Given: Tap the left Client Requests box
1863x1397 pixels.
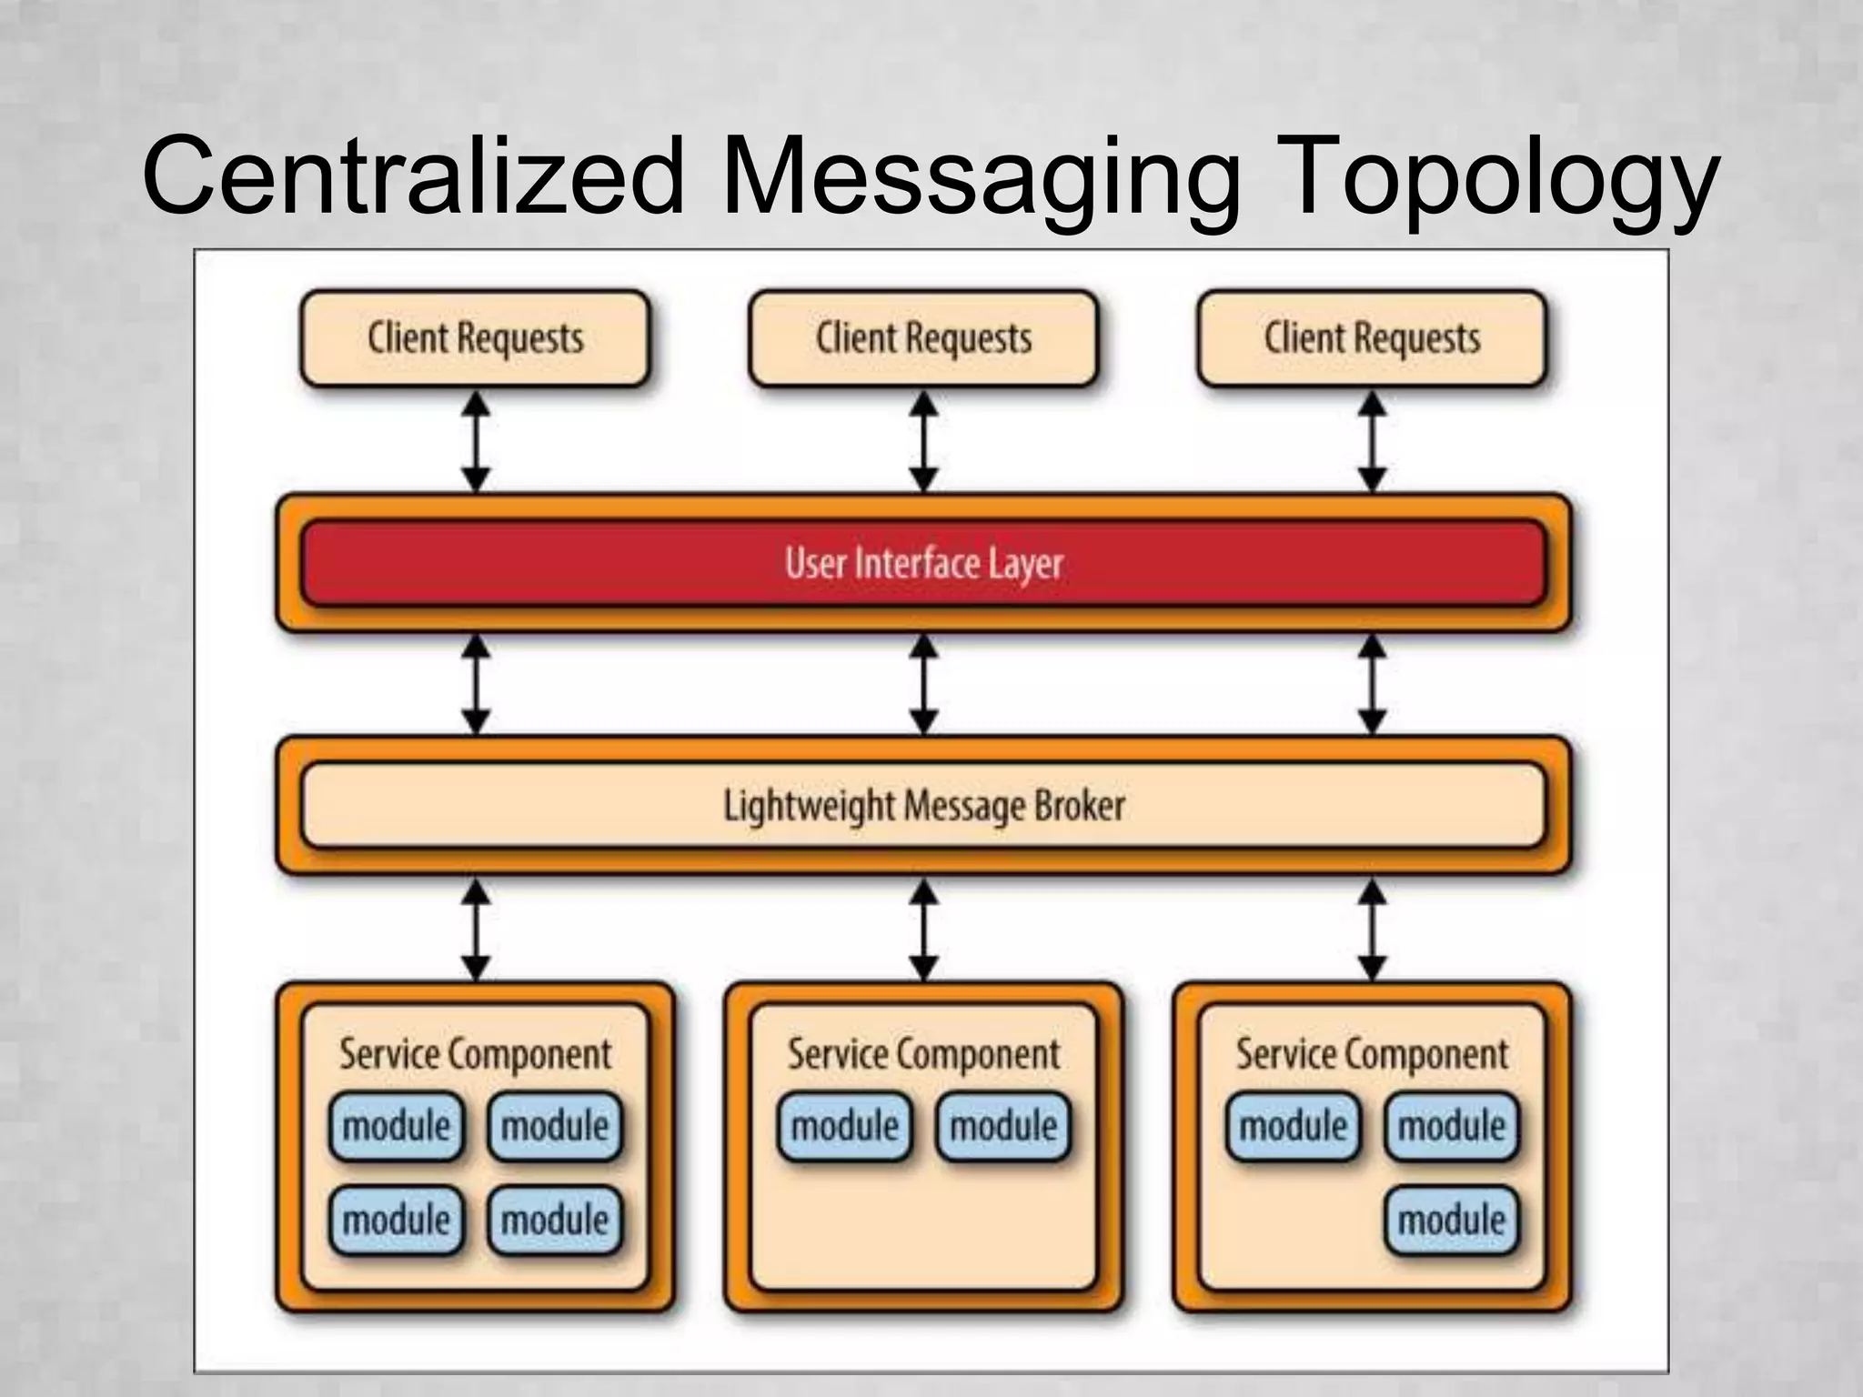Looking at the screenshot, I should pos(474,338).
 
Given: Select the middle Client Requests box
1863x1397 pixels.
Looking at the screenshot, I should pos(923,338).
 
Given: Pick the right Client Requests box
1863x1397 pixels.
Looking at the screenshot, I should pos(1372,338).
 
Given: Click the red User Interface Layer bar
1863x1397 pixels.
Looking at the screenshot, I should pos(923,563).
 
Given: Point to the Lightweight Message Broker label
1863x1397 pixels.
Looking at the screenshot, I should pos(923,806).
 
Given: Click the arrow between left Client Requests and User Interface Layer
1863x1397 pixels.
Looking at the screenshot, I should pos(476,442).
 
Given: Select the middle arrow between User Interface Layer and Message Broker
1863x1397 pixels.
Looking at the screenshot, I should pos(923,684).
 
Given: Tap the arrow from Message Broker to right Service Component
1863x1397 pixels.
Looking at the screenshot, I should pos(1372,929).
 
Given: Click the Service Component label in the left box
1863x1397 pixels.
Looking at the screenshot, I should pos(475,1054).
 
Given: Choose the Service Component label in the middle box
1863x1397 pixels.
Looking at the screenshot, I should pos(923,1054).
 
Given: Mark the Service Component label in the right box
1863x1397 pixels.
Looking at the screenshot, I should pos(1372,1054).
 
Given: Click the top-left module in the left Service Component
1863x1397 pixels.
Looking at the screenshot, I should pos(396,1127).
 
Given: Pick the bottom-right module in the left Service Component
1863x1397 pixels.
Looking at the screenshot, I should pos(555,1221).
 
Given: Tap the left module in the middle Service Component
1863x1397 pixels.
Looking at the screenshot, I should pos(844,1127).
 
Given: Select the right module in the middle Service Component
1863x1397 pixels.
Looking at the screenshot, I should pos(1003,1127).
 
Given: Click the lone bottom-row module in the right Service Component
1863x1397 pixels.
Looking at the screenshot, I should pos(1452,1221).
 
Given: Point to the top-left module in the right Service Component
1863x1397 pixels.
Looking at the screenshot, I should pos(1293,1127).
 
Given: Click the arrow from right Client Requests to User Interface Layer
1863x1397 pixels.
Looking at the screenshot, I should pos(1372,442).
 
